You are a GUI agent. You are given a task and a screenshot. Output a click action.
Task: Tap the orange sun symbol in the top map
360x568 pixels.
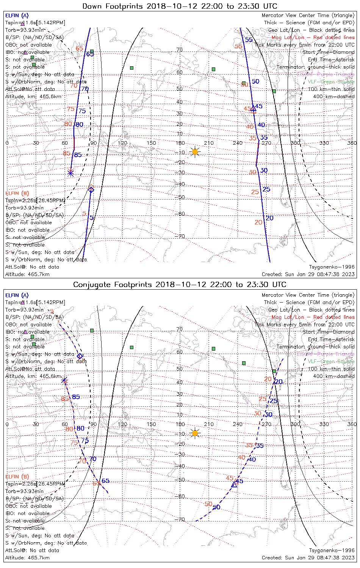[x=195, y=152]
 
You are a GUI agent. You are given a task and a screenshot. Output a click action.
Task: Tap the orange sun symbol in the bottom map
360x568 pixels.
[x=195, y=433]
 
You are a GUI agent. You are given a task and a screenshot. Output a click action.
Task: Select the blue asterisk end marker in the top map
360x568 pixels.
[x=70, y=173]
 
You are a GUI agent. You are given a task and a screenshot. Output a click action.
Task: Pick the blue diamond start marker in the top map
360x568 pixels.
[x=91, y=190]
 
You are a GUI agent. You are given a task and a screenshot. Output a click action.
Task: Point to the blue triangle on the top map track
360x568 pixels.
[x=253, y=109]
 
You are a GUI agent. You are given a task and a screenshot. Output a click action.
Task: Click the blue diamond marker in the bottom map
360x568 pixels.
[x=80, y=356]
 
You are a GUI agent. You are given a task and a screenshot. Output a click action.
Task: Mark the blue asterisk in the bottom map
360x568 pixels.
[x=64, y=380]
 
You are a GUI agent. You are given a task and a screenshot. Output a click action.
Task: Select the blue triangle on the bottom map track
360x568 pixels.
[x=234, y=484]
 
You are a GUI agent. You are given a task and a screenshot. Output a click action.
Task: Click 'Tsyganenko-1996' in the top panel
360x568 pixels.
[x=332, y=267]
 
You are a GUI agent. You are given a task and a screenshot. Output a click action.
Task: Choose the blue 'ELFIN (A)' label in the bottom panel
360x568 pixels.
[x=17, y=295]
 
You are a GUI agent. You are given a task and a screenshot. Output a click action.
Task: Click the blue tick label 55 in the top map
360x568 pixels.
[x=249, y=40]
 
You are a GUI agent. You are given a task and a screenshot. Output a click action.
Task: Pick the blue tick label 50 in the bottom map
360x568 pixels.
[x=216, y=507]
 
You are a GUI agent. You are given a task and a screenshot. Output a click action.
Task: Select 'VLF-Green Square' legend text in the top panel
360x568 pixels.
[x=331, y=82]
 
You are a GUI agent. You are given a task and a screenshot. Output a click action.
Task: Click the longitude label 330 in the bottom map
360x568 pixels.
[x=324, y=424]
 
